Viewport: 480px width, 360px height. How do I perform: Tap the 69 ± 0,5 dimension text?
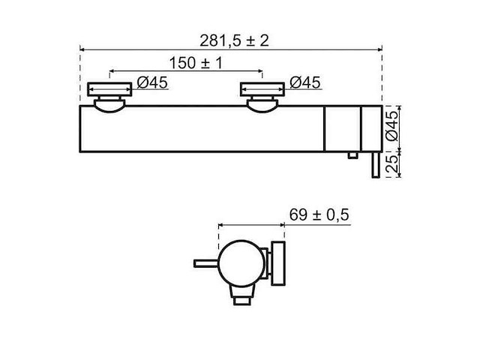319,214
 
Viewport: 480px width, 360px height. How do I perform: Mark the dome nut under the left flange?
110,105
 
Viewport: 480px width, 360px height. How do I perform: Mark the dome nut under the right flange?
262,105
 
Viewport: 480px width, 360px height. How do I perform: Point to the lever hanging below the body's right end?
373,165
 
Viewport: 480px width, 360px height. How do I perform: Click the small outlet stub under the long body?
351,155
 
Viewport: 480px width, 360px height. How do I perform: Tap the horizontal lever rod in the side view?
206,262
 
